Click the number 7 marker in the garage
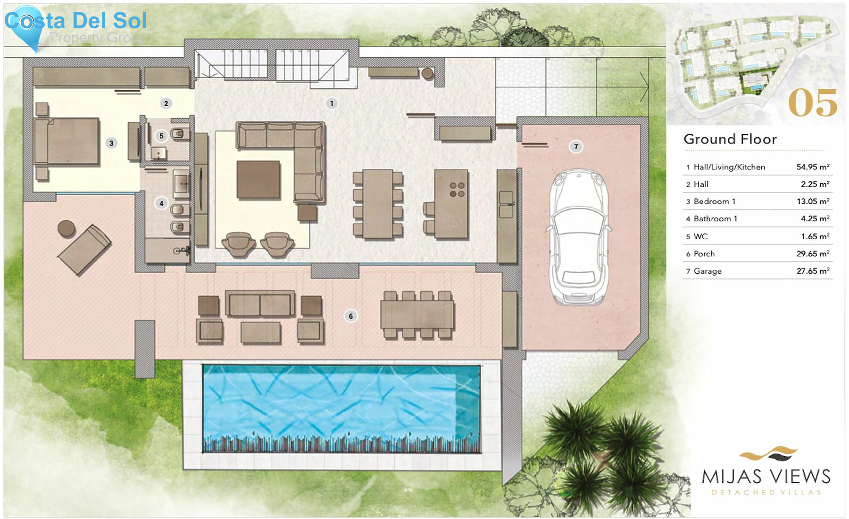575,147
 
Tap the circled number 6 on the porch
350,316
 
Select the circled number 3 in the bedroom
111,143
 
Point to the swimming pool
341,408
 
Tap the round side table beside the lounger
66,228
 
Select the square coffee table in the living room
258,179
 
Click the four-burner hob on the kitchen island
457,190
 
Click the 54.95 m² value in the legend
813,167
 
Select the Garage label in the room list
707,271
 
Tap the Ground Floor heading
730,139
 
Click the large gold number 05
812,103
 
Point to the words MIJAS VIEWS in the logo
766,477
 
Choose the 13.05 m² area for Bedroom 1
813,201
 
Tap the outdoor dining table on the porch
417,315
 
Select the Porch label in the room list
704,254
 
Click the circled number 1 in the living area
332,103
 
